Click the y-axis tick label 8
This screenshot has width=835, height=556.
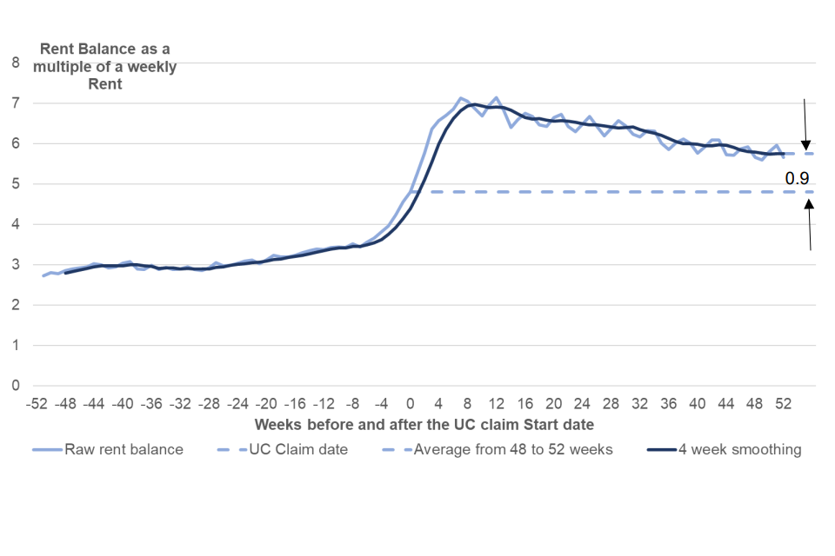pos(15,63)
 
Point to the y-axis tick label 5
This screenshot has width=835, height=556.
pos(15,184)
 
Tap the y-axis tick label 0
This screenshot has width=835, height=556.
pos(15,386)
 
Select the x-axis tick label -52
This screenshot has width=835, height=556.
pos(37,404)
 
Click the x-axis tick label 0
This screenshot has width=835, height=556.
pos(411,404)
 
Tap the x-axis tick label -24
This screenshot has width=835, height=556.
pos(237,404)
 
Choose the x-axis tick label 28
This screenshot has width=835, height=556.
pos(611,404)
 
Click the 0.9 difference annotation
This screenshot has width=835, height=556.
pos(797,178)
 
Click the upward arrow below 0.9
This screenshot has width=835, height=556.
pos(809,226)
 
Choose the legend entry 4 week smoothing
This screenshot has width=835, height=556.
pos(726,449)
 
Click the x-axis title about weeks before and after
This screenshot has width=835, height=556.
pos(424,425)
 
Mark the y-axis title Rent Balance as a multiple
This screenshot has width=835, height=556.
pos(104,66)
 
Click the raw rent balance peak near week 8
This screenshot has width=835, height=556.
pos(461,99)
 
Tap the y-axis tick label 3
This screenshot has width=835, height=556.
pos(15,265)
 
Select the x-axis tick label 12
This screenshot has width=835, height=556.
pos(497,404)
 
